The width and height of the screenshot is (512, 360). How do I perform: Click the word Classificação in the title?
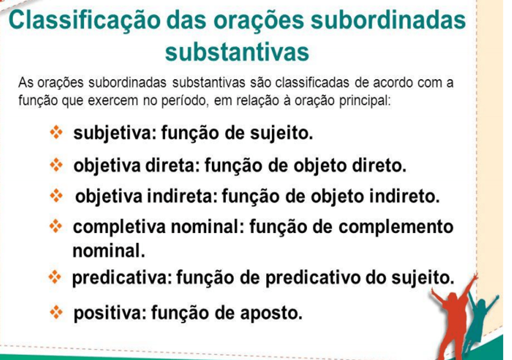[84, 21]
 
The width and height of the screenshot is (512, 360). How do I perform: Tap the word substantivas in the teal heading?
[237, 52]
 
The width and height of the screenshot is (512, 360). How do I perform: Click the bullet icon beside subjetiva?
[56, 132]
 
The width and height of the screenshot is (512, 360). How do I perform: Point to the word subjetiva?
[114, 133]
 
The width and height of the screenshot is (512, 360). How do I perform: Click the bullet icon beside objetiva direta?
[56, 165]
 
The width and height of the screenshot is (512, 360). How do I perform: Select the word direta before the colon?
[172, 165]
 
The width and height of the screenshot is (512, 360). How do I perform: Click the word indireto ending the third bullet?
[404, 196]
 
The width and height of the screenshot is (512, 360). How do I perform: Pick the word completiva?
[119, 227]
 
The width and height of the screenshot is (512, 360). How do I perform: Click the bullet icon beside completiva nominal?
[55, 226]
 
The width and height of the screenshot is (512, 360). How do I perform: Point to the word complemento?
[396, 227]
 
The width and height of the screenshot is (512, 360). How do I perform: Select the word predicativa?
[122, 278]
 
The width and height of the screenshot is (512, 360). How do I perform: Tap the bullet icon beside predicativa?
[55, 277]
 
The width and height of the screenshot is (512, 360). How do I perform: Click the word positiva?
[110, 313]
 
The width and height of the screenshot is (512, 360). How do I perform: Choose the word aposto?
[271, 313]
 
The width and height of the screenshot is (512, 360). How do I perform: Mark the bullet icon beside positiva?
[56, 313]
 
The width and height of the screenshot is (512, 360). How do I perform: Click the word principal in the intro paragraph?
[365, 101]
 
